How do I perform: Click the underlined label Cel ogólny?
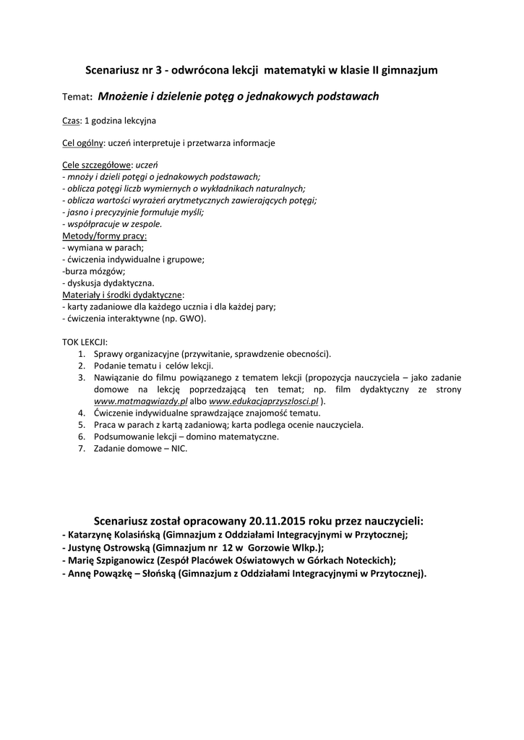83,143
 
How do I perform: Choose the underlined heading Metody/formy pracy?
104,236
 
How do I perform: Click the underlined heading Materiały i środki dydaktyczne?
122,294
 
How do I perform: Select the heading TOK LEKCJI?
85,341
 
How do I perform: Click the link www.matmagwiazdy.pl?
141,400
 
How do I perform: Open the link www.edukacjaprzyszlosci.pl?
264,400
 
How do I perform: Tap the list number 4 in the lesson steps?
82,412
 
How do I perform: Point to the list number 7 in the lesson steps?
82,448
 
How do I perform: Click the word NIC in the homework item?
179,448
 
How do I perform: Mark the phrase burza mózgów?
95,271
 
